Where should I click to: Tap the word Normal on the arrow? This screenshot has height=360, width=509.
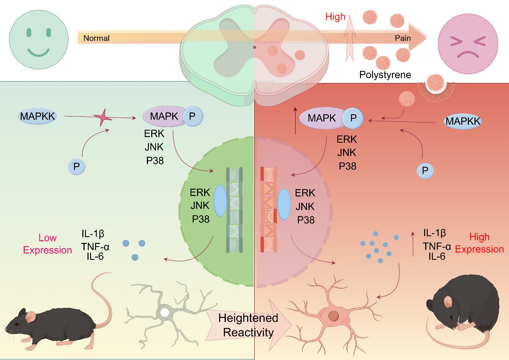click(x=96, y=38)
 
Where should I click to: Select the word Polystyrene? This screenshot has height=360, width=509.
click(x=385, y=75)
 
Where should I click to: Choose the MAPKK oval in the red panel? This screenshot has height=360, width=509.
click(x=463, y=121)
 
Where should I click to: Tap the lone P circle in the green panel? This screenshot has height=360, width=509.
click(x=76, y=166)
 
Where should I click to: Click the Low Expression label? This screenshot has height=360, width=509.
click(x=47, y=244)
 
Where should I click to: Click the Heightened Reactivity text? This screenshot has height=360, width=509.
click(x=248, y=325)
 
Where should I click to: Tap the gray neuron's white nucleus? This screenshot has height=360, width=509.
click(x=164, y=312)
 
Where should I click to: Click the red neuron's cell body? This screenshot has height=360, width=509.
click(x=333, y=315)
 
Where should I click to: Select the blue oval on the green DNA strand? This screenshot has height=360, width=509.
click(x=220, y=201)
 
